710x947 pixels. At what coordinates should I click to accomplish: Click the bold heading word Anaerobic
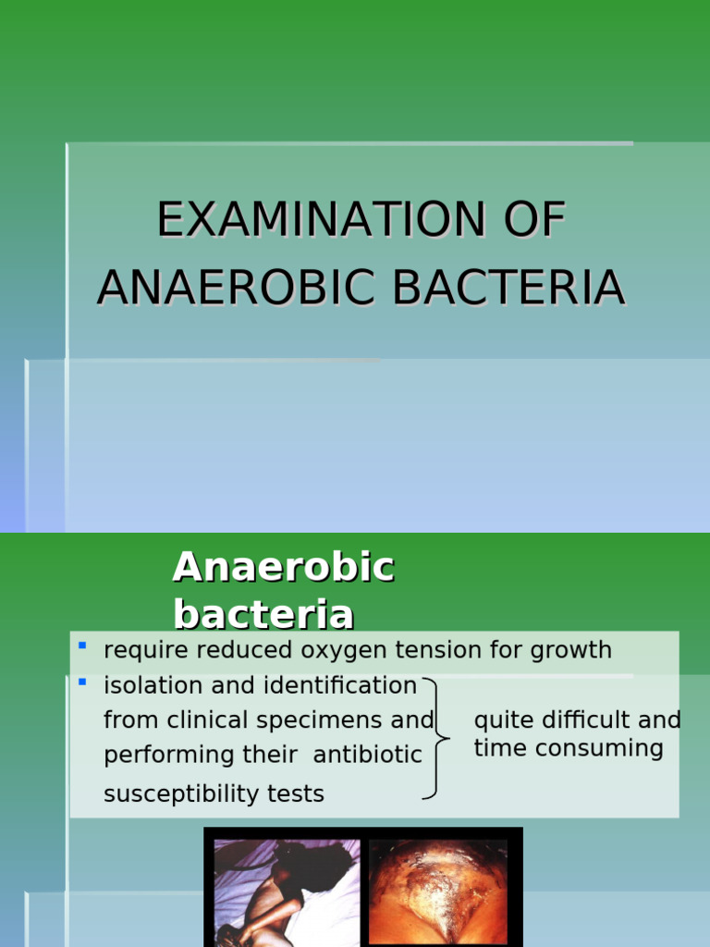pos(283,567)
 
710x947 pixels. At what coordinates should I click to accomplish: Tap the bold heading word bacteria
pos(263,614)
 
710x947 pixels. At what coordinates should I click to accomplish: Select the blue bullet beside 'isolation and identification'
pos(82,682)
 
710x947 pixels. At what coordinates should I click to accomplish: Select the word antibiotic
pos(367,755)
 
